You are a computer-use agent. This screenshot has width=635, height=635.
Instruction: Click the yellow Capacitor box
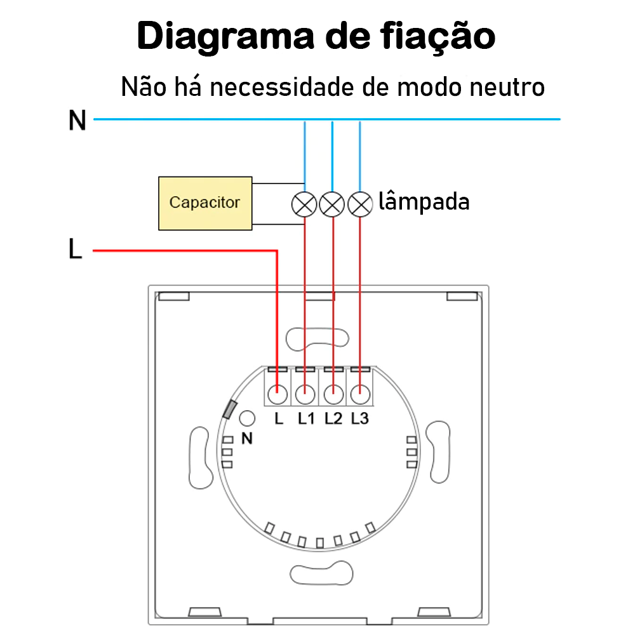coord(204,203)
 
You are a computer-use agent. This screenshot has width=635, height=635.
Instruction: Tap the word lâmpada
coord(424,203)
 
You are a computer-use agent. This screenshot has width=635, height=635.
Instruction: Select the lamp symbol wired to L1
coord(304,204)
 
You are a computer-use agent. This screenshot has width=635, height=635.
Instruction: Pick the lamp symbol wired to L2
coord(332,204)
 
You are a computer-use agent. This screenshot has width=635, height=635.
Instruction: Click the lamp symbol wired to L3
coord(360,204)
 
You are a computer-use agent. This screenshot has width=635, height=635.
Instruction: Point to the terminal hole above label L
coord(277,394)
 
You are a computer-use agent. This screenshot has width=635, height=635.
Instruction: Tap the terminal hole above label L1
coord(305,394)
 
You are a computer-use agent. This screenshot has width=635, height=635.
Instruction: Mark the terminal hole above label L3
coord(360,394)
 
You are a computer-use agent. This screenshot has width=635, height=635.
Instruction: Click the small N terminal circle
coord(247,418)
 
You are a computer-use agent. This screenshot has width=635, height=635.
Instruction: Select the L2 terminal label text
coord(333,418)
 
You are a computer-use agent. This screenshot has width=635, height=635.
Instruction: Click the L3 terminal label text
coord(359,418)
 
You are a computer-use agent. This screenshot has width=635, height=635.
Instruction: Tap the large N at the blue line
coord(77,120)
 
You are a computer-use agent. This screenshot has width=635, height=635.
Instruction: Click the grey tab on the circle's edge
coord(228,410)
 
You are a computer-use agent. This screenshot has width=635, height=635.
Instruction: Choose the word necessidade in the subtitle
coord(282,86)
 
